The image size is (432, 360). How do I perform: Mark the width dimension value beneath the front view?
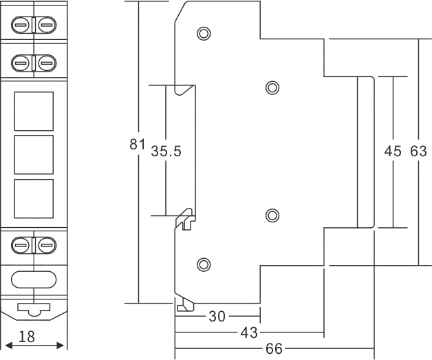[x=28, y=339]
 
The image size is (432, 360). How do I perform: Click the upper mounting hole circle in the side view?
[x=202, y=32]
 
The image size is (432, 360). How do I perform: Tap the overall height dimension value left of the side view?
[x=136, y=146]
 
